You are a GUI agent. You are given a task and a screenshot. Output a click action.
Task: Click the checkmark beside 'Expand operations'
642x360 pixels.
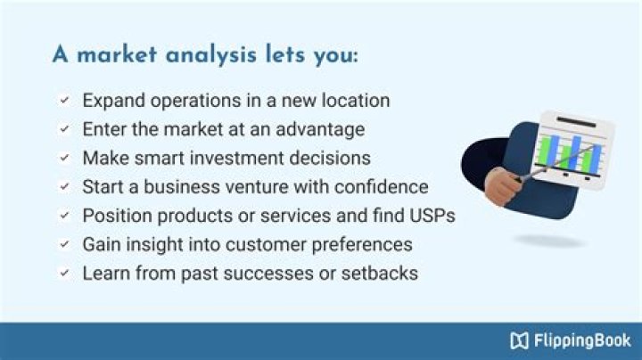tap(64, 101)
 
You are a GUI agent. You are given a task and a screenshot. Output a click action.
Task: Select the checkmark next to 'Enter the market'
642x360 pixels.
tap(64, 129)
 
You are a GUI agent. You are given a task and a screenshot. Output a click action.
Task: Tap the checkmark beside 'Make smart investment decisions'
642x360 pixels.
tap(64, 158)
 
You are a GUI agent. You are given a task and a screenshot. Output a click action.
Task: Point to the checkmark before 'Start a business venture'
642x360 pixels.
tap(64, 187)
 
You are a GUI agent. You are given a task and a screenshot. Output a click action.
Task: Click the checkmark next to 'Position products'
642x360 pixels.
tap(64, 216)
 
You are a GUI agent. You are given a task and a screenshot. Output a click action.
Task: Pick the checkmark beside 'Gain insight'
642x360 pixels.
tap(64, 244)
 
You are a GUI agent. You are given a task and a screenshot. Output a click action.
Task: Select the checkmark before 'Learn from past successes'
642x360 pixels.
tap(64, 273)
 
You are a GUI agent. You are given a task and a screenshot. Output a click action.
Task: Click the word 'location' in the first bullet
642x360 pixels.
tap(357, 101)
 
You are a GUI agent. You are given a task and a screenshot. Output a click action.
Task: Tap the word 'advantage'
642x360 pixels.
tap(321, 129)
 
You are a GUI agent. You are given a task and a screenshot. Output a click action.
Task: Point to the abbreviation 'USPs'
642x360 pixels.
tap(432, 216)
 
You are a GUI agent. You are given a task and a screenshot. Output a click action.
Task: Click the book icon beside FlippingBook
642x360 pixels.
tap(520, 340)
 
